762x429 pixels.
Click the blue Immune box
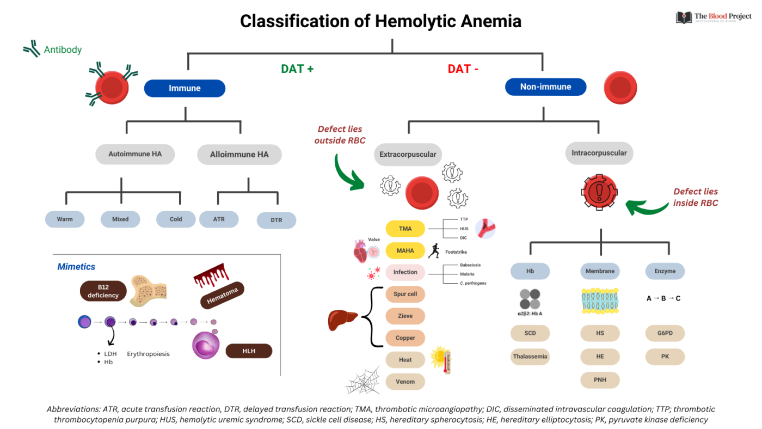185,88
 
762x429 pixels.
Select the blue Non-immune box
545,87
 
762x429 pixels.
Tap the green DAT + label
297,69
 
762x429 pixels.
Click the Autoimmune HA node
135,154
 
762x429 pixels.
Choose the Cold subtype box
176,219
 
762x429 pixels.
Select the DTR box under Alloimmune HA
276,220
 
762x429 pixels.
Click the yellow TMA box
405,229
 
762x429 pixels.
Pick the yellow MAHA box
405,250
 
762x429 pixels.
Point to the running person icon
434,251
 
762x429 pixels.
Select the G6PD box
665,333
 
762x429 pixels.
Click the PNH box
600,379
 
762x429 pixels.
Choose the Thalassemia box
530,357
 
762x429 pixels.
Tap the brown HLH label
249,351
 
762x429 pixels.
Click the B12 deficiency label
103,291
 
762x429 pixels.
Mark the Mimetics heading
76,267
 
